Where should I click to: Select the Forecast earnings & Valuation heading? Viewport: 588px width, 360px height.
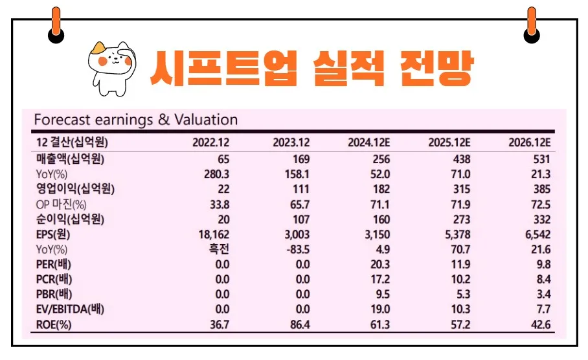[x=135, y=120]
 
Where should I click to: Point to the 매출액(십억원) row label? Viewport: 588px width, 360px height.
[x=71, y=159]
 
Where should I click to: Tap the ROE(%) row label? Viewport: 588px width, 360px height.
[x=54, y=324]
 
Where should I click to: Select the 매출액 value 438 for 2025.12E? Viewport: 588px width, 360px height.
[x=461, y=159]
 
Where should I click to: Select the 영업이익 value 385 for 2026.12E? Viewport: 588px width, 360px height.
[x=541, y=189]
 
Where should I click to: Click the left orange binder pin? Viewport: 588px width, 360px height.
[x=56, y=25]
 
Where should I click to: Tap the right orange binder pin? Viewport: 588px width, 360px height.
[x=532, y=25]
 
